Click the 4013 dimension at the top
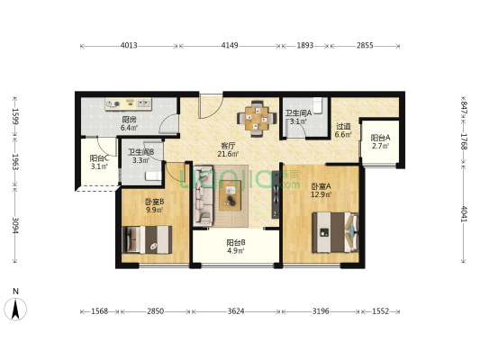129,46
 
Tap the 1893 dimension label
305,46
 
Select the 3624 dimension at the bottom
236,311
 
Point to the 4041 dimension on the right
464,214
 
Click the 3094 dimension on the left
15,225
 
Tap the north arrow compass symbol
15,309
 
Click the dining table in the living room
257,119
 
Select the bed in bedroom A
335,232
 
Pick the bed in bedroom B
147,239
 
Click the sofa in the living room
204,196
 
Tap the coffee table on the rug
230,195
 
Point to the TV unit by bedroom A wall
276,194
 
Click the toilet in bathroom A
318,105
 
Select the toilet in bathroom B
153,175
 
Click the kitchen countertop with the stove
129,103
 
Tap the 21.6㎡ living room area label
229,154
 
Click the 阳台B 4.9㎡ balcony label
236,247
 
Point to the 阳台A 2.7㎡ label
381,141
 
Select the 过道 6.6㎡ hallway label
343,130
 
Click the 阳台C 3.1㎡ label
99,162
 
